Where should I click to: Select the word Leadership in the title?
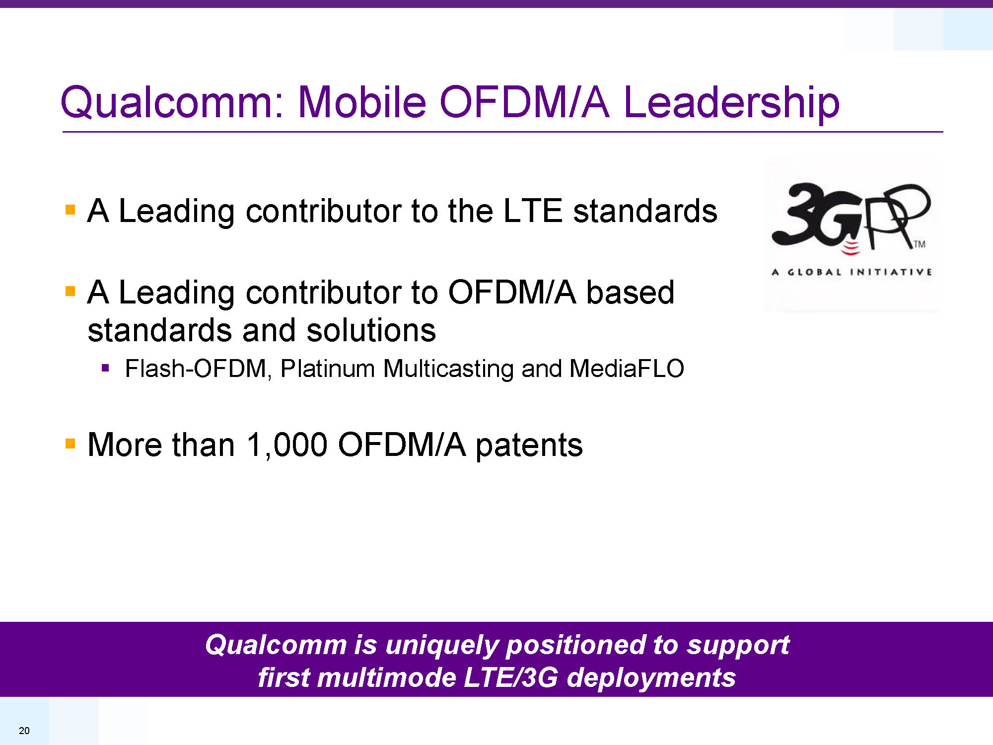(x=731, y=102)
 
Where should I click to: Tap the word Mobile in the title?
(x=362, y=102)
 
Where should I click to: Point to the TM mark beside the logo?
(x=920, y=244)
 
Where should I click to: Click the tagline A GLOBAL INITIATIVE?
(x=851, y=272)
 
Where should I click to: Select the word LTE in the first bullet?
(x=533, y=211)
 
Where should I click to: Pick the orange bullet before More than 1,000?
(x=70, y=443)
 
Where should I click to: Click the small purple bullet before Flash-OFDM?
(x=105, y=368)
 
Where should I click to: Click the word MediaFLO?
(x=627, y=369)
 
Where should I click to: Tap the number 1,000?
(x=287, y=445)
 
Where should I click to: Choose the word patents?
(x=529, y=446)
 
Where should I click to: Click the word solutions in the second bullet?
(x=371, y=330)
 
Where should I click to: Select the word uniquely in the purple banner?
(x=441, y=646)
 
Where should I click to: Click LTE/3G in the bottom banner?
(x=510, y=678)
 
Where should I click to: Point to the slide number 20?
(x=24, y=731)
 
